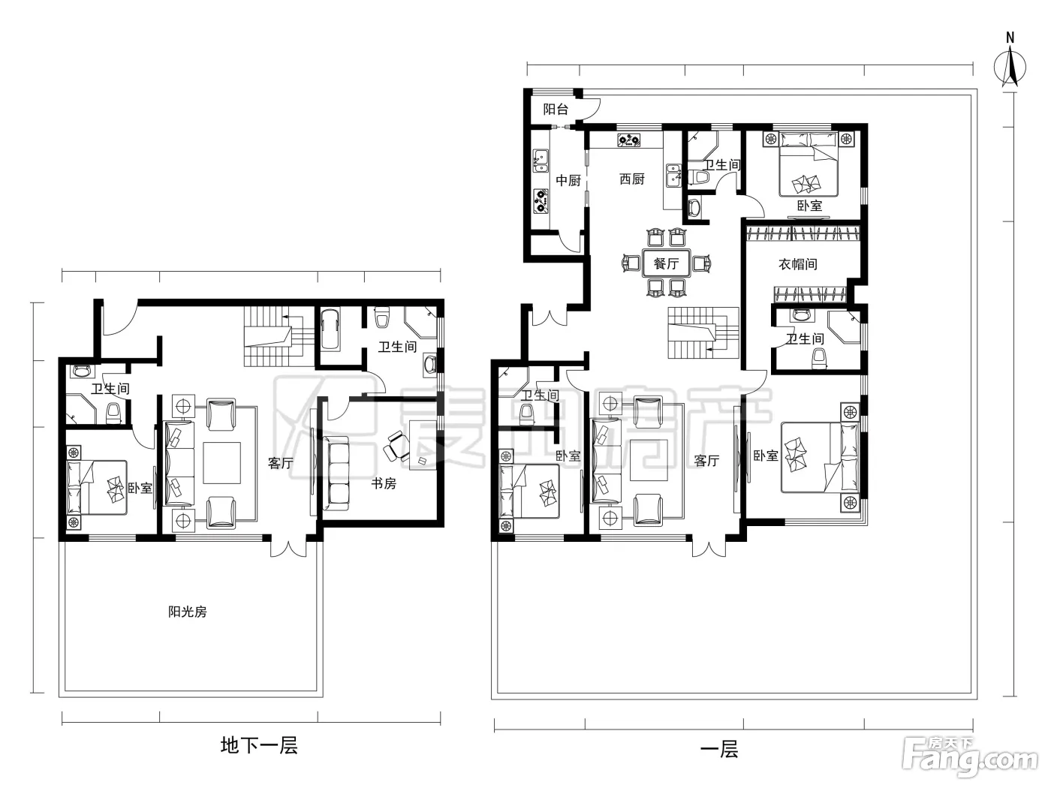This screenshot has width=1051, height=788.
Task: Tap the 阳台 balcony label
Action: [x=556, y=110]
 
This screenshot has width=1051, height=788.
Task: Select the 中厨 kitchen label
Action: [x=568, y=180]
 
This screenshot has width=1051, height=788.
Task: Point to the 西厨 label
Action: [x=632, y=179]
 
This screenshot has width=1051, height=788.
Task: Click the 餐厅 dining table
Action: [x=666, y=263]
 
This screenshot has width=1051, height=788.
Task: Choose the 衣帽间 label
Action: [x=798, y=264]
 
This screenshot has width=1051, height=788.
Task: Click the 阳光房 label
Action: [x=187, y=612]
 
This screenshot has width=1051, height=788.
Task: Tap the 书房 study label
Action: [x=384, y=484]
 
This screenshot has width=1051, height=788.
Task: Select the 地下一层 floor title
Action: [x=259, y=745]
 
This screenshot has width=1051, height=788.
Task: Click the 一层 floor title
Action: [x=719, y=749]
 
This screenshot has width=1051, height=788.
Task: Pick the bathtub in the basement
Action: [x=330, y=330]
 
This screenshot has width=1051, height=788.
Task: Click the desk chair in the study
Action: [x=396, y=446]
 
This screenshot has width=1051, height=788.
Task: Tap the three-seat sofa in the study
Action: [x=336, y=474]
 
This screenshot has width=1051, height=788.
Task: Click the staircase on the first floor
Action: [x=703, y=333]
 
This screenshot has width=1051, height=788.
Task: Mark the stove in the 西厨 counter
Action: [x=628, y=140]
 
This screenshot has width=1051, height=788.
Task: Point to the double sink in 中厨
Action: [x=541, y=161]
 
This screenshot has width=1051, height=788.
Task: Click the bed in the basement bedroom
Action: [x=97, y=488]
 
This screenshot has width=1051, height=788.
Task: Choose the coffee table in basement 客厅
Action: [x=221, y=463]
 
